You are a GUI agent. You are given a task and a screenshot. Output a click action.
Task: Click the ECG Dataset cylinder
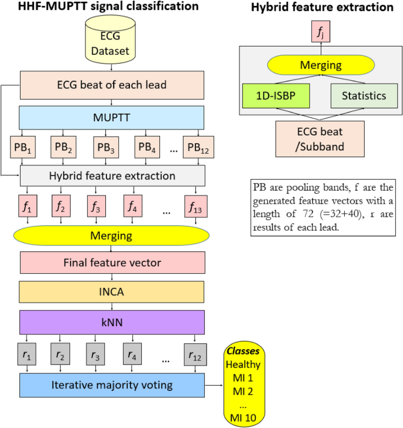point(112,42)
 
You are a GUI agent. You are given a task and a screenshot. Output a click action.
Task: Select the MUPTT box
point(112,117)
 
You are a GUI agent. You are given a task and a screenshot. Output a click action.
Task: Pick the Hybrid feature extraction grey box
point(112,175)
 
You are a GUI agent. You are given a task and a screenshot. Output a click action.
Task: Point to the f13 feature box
point(195,207)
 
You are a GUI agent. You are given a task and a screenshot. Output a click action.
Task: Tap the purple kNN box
point(112,322)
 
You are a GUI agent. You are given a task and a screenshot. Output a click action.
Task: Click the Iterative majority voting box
point(112,386)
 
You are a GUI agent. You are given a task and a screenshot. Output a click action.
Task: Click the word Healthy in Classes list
point(243,364)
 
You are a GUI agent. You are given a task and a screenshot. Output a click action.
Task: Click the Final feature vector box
point(112,262)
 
